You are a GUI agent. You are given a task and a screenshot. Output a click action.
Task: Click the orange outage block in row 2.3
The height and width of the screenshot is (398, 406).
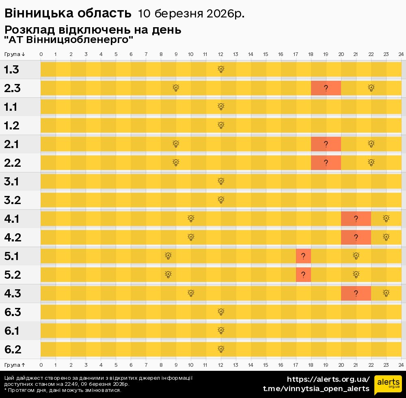click(x=326, y=88)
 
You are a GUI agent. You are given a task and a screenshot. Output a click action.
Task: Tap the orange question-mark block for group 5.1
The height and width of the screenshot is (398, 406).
click(x=303, y=256)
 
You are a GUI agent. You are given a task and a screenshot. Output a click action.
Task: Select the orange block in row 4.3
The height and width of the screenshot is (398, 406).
click(x=356, y=293)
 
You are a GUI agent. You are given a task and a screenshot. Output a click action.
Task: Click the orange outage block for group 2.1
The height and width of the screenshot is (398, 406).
click(x=326, y=144)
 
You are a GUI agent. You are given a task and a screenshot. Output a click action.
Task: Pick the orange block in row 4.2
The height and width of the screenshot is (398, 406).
click(x=356, y=237)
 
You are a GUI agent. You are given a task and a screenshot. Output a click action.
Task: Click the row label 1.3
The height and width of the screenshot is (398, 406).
click(x=12, y=69)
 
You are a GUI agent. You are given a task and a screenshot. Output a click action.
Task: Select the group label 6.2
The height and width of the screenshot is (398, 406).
click(x=13, y=349)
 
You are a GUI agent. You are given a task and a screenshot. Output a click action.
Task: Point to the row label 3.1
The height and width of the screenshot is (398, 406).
click(x=12, y=181)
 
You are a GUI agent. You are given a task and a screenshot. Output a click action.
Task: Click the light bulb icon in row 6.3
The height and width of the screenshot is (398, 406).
click(x=221, y=312)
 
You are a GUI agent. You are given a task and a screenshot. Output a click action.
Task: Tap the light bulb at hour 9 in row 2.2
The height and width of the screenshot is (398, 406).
click(x=176, y=163)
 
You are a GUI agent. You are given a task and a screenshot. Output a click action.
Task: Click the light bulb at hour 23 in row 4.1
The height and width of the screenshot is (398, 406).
click(x=386, y=219)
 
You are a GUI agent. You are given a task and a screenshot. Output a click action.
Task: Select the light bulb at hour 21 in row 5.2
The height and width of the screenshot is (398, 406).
click(x=356, y=275)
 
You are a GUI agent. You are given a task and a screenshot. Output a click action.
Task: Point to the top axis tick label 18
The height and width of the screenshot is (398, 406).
click(x=311, y=54)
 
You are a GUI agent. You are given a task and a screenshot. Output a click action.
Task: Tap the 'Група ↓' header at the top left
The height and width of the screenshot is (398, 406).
click(x=15, y=54)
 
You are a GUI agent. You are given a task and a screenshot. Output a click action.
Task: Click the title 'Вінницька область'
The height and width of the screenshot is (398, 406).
click(x=68, y=13)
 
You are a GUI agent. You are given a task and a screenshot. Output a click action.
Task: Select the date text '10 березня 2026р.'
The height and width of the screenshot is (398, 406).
click(x=191, y=14)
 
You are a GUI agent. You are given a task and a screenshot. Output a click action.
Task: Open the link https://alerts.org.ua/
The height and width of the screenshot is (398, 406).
click(x=328, y=380)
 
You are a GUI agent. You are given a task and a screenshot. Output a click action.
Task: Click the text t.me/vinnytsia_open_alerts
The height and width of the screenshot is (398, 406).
click(x=316, y=389)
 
